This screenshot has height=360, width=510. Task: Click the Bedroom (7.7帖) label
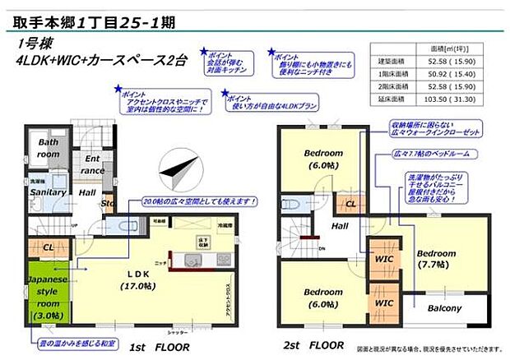click(435, 258)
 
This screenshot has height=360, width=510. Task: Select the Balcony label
click(445, 308)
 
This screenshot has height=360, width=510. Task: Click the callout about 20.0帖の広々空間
click(200, 201)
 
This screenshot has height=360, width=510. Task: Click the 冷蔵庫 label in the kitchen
click(226, 224)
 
